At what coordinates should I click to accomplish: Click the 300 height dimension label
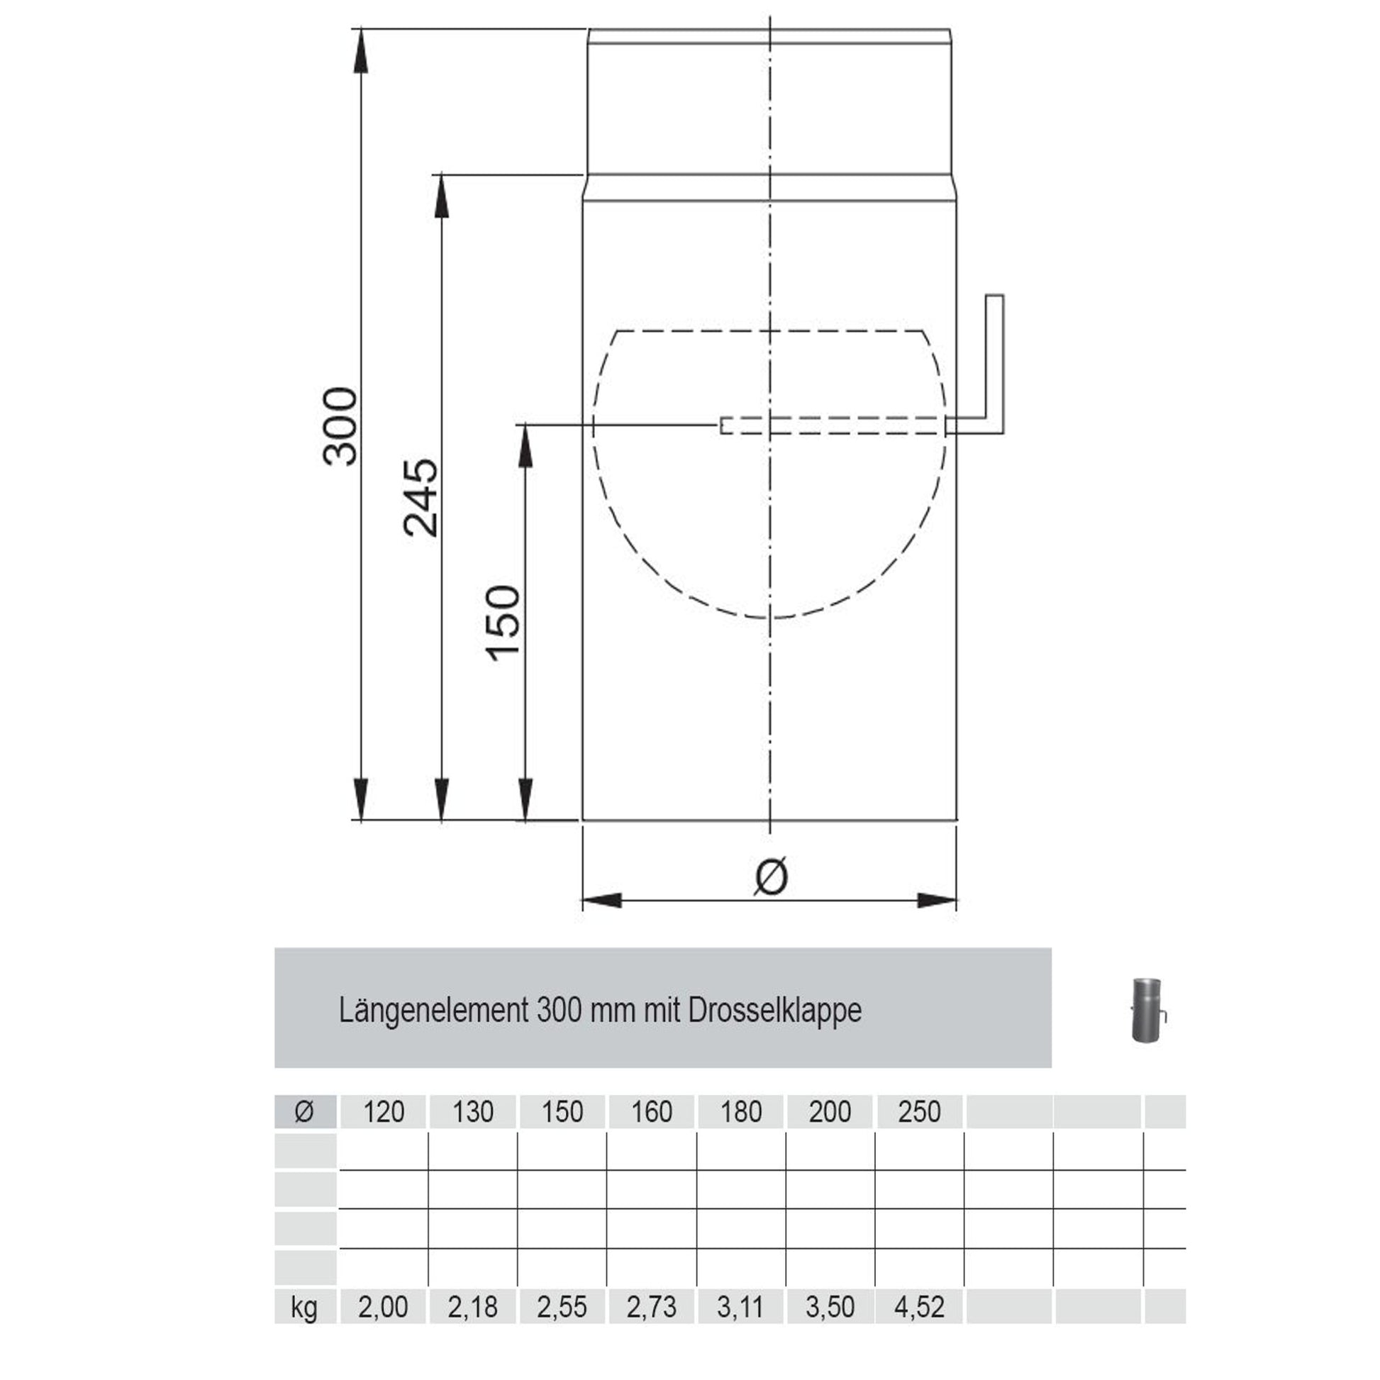click(340, 426)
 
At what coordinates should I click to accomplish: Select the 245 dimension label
click(421, 498)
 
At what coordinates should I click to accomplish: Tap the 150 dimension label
click(503, 623)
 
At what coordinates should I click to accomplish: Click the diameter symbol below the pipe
click(771, 876)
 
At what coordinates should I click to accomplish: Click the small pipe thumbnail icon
click(1148, 1011)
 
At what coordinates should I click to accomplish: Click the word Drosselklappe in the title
click(775, 1011)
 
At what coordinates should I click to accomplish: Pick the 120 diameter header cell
click(384, 1112)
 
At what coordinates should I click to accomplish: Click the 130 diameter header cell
click(473, 1112)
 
